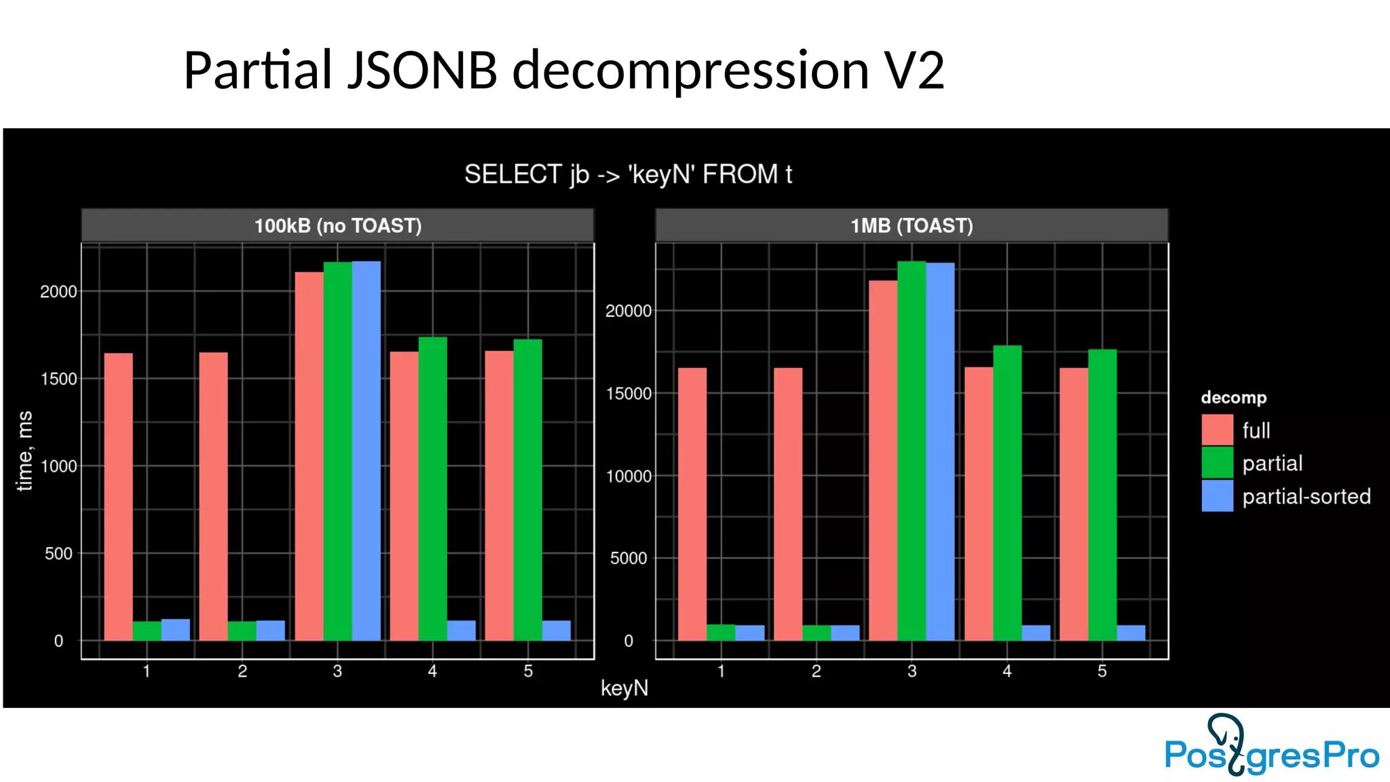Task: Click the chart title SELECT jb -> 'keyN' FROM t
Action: pyautogui.click(x=628, y=174)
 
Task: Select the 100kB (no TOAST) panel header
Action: pyautogui.click(x=337, y=225)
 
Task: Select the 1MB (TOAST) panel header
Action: pyautogui.click(x=912, y=225)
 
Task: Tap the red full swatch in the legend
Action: pyautogui.click(x=1217, y=430)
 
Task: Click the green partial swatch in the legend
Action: pyautogui.click(x=1217, y=463)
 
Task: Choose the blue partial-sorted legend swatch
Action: pyautogui.click(x=1217, y=496)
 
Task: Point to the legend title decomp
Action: pyautogui.click(x=1233, y=398)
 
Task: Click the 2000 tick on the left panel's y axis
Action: pyautogui.click(x=58, y=292)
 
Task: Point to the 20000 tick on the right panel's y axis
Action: pyautogui.click(x=628, y=311)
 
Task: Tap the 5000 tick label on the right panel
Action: pyautogui.click(x=628, y=559)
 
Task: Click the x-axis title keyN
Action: pyautogui.click(x=624, y=688)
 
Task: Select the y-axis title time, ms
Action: pyautogui.click(x=24, y=450)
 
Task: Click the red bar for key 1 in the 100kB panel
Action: pyautogui.click(x=118, y=496)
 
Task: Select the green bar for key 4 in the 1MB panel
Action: pyautogui.click(x=1007, y=493)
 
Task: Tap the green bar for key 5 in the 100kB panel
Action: pyautogui.click(x=527, y=489)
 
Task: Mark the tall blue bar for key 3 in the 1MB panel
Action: pyautogui.click(x=940, y=451)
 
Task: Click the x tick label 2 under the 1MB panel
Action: pyautogui.click(x=816, y=671)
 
